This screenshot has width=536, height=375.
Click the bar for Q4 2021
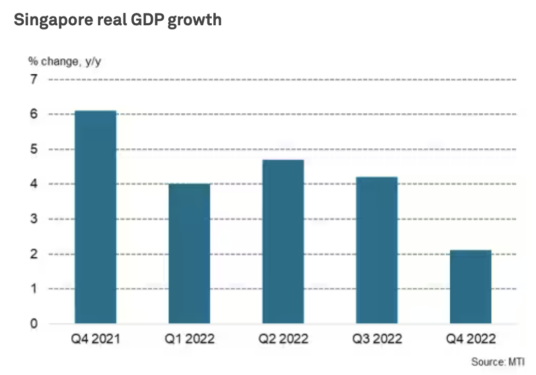coord(96,217)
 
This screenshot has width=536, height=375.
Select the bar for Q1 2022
coord(189,254)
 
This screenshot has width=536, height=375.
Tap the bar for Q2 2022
coord(283,242)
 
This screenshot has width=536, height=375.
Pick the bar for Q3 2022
coord(376,251)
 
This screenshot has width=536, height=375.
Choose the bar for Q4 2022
coord(470,287)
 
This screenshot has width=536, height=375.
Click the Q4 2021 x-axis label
coord(96,339)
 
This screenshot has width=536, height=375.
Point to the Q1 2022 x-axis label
coord(189,339)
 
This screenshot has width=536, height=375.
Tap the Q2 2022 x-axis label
coord(283,339)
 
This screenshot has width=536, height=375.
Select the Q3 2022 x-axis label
coord(376,339)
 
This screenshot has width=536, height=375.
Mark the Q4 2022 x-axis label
coord(470,339)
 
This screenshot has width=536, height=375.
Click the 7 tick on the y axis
coord(34,80)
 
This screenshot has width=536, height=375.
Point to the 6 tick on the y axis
coord(34,114)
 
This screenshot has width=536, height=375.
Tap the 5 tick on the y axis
coord(34,149)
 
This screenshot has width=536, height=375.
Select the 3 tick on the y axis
coord(34,219)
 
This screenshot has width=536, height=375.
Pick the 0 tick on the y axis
coord(34,324)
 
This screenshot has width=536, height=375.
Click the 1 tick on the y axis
coord(34,289)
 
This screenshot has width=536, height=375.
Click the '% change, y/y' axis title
coord(60,61)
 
